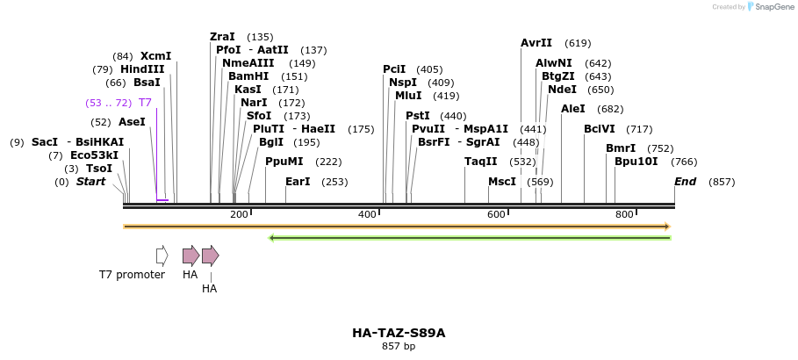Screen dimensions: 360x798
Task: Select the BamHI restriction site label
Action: click(x=242, y=76)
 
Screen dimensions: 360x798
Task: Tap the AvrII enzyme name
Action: click(x=536, y=42)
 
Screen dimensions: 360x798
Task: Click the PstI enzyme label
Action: click(x=418, y=116)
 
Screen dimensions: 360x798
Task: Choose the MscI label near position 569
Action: click(x=502, y=182)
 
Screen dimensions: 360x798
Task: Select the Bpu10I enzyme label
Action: click(x=636, y=162)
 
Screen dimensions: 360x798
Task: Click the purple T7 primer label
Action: click(x=145, y=103)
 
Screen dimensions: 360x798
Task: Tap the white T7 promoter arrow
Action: click(x=162, y=256)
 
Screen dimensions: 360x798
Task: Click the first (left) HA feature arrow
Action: click(x=191, y=256)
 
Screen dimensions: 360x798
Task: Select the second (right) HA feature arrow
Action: click(x=210, y=256)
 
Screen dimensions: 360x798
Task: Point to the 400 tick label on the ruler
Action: click(x=368, y=215)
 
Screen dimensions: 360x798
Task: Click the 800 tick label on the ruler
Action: click(x=624, y=215)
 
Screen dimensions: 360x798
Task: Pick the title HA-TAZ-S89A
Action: click(x=399, y=333)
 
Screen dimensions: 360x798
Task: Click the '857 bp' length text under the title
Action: click(x=399, y=347)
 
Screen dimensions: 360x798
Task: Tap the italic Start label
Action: click(x=90, y=182)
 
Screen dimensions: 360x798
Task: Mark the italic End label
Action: click(x=685, y=182)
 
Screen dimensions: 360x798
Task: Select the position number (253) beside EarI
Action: click(x=334, y=182)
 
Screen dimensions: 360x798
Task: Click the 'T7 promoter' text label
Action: click(x=132, y=275)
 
